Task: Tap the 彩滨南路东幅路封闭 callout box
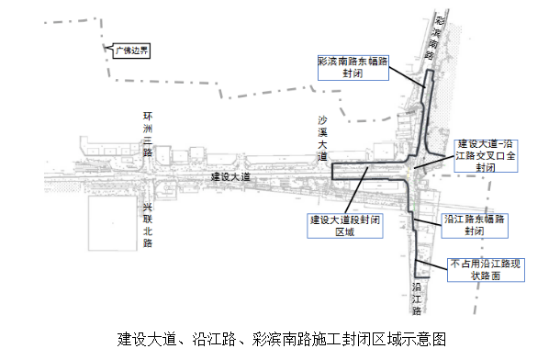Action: click(x=353, y=66)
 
